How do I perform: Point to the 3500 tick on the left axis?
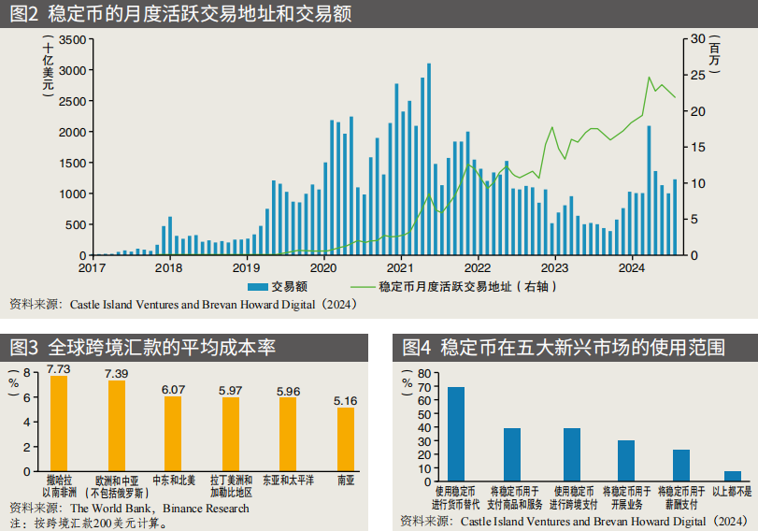(x=73, y=39)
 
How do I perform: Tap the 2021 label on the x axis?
(x=400, y=268)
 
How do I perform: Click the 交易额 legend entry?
(x=290, y=287)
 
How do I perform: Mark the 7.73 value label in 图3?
(x=59, y=369)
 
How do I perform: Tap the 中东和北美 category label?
(x=174, y=480)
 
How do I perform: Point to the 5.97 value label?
(x=231, y=390)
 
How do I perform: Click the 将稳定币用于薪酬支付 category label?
(x=681, y=497)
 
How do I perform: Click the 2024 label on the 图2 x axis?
(x=632, y=268)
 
